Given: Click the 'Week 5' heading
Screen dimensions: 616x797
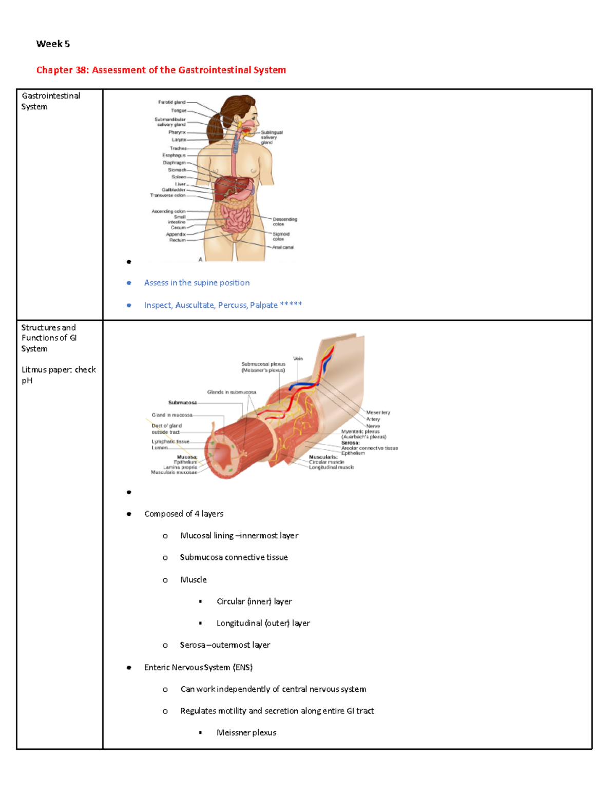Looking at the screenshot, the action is (53, 44).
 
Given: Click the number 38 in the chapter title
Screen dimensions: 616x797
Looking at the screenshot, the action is (82, 70).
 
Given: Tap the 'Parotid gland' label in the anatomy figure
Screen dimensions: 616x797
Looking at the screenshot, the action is (171, 102).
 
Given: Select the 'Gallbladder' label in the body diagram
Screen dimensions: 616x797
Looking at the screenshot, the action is (174, 190).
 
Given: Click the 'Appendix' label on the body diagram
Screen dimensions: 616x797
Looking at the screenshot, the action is (176, 235).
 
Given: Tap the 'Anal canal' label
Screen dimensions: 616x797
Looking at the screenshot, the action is (283, 247).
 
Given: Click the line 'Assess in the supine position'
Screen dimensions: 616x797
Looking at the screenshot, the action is (197, 283).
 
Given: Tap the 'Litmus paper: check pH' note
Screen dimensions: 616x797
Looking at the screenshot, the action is (59, 375).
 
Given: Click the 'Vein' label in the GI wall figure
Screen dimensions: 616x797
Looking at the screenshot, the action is (298, 359).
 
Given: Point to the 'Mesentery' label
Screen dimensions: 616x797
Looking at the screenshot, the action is (378, 413).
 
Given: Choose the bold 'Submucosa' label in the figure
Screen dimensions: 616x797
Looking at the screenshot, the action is (182, 403).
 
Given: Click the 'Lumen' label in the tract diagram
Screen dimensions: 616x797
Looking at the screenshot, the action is (159, 448).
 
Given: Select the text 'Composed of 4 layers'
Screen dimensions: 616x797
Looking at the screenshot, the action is (184, 514).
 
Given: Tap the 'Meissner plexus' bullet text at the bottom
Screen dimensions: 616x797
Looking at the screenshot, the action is (246, 733).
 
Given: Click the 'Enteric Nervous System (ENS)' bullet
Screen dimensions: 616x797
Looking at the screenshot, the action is (198, 667).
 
